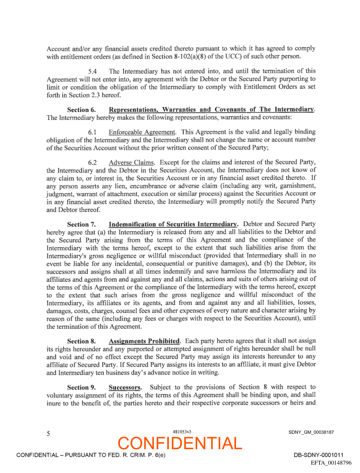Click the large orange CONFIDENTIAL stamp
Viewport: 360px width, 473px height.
(x=180, y=443)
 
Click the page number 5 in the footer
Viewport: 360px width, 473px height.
(x=48, y=433)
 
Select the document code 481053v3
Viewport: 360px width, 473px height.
(x=182, y=432)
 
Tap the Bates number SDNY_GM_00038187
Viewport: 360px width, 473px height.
(x=311, y=432)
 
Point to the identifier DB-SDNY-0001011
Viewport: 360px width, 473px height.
(x=319, y=455)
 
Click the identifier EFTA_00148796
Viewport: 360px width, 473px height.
(x=331, y=463)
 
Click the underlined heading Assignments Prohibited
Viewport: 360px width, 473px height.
(x=144, y=341)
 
